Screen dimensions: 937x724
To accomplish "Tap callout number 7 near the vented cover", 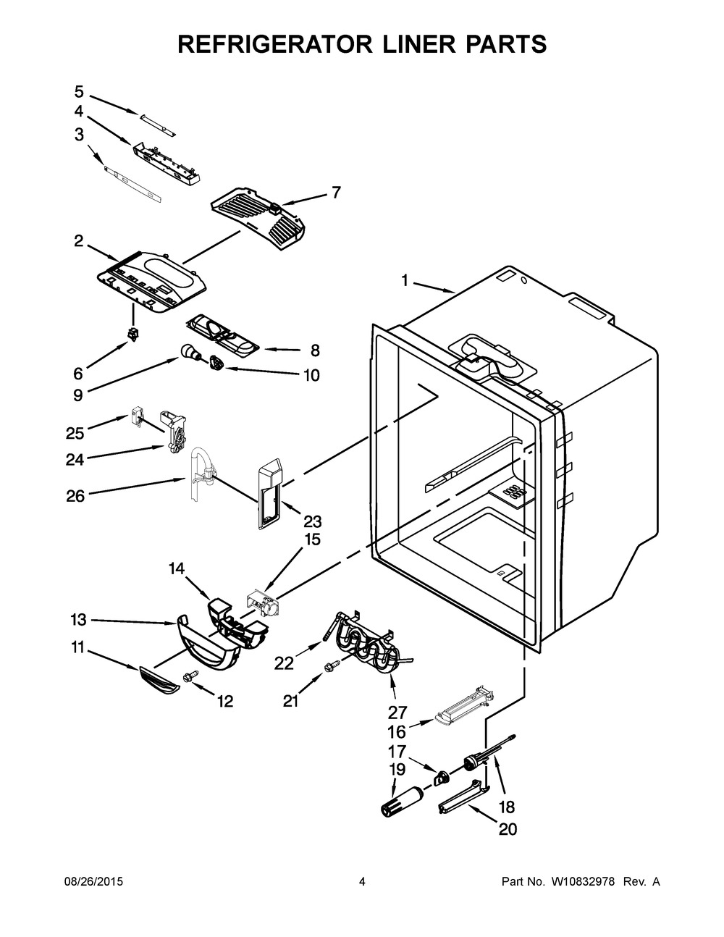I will pos(335,193).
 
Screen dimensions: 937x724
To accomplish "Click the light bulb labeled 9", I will pos(190,353).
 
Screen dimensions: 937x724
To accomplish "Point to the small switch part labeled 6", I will pos(132,334).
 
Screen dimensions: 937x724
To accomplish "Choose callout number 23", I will pos(312,521).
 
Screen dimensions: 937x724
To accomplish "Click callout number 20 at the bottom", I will pos(508,829).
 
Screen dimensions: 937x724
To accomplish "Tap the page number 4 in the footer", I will pos(362,882).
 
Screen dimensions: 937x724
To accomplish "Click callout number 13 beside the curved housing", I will pos(78,620).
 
